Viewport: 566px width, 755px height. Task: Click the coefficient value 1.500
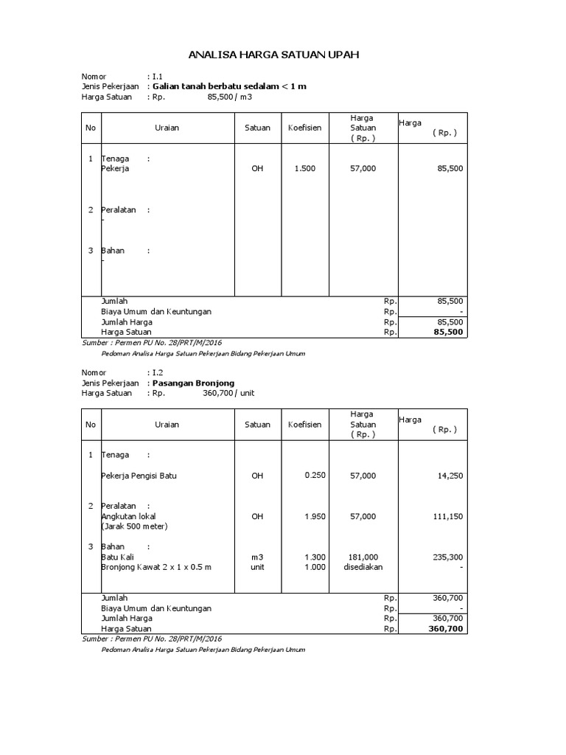pyautogui.click(x=304, y=169)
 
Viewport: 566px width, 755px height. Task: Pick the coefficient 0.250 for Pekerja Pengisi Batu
pyautogui.click(x=315, y=476)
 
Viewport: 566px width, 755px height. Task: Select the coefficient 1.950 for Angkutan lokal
pyautogui.click(x=315, y=516)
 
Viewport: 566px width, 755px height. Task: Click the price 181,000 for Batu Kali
pyautogui.click(x=363, y=557)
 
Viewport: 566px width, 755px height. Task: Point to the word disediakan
pyautogui.click(x=363, y=567)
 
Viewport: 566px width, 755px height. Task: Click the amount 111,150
pyautogui.click(x=448, y=517)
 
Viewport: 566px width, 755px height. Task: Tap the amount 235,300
pyautogui.click(x=448, y=557)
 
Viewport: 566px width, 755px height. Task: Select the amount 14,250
pyautogui.click(x=450, y=476)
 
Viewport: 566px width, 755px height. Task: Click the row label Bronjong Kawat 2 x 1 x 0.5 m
pyautogui.click(x=156, y=567)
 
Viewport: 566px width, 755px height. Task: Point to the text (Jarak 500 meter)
pyautogui.click(x=135, y=526)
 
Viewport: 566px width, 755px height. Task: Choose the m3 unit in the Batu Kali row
pyautogui.click(x=257, y=557)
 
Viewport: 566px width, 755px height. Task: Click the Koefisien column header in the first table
pyautogui.click(x=304, y=128)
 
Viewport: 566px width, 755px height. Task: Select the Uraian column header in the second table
pyautogui.click(x=167, y=425)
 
